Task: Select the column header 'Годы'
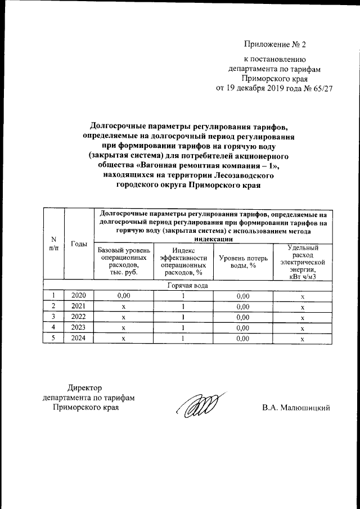79,244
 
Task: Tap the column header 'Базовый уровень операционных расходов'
124,260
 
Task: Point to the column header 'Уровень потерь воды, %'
242,261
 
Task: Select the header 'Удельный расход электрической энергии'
302,261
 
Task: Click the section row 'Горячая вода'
188,285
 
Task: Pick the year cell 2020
79,295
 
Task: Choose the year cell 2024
79,339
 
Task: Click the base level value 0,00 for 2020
124,295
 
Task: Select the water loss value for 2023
242,328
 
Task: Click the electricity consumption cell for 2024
302,339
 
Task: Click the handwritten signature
194,406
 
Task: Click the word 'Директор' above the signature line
85,388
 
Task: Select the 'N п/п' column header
53,244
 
